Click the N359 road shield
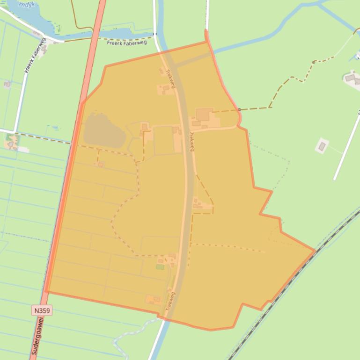click(x=42, y=310)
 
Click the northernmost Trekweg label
click(x=171, y=79)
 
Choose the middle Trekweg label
click(x=191, y=142)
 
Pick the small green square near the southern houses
click(x=160, y=267)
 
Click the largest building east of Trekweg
click(x=204, y=115)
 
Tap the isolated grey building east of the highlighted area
click(x=322, y=146)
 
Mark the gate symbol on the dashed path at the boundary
click(x=239, y=109)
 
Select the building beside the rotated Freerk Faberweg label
click(x=44, y=47)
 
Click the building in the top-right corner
click(x=351, y=78)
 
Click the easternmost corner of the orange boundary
click(x=314, y=251)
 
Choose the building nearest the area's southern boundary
click(x=153, y=299)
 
